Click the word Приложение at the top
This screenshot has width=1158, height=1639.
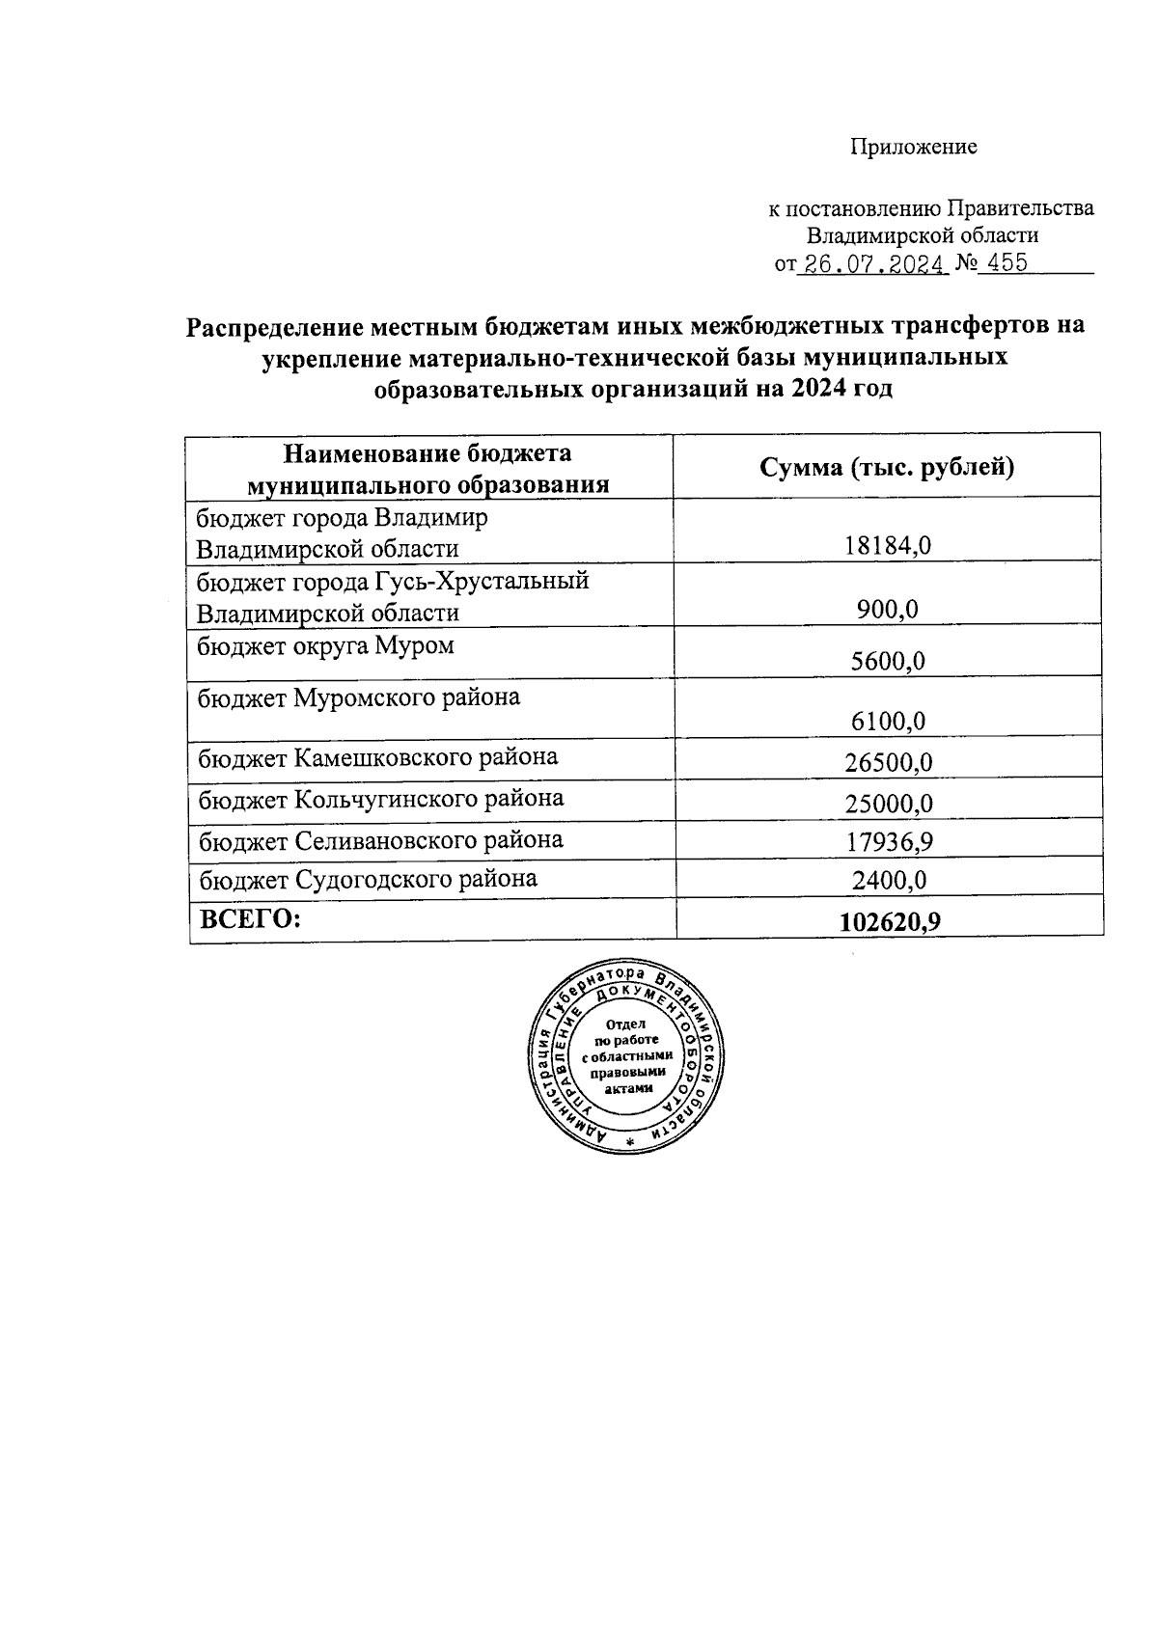[x=913, y=147]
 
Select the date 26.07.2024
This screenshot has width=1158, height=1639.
[x=872, y=264]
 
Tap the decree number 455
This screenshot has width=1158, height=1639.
[x=1007, y=263]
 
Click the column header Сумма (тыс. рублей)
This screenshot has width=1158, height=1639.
[x=887, y=468]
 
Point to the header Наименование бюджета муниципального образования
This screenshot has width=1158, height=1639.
[x=427, y=468]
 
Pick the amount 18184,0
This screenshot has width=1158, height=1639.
[x=888, y=546]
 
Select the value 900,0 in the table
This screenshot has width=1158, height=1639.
[x=888, y=610]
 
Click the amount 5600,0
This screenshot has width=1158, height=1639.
[x=888, y=661]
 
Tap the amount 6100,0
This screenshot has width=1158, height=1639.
[x=888, y=721]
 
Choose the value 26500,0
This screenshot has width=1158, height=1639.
[x=888, y=762]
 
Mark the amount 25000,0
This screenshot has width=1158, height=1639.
[x=888, y=803]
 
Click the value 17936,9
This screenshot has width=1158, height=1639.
[x=888, y=842]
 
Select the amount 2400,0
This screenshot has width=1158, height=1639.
[x=888, y=881]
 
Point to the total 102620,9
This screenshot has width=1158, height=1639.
[x=890, y=922]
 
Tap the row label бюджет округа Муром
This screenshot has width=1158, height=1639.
[x=325, y=645]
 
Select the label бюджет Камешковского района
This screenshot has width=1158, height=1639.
[x=377, y=757]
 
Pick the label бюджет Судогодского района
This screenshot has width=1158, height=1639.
[x=368, y=879]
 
